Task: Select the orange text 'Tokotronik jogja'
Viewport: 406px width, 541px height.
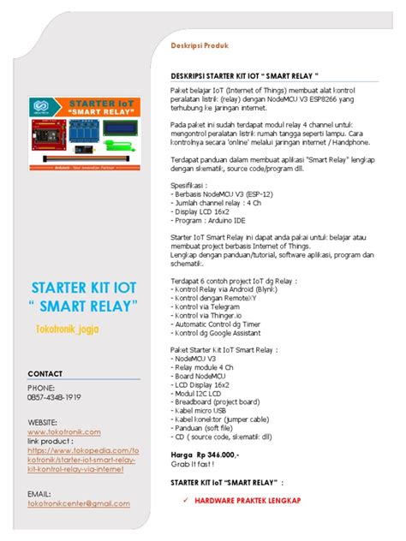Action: (68, 329)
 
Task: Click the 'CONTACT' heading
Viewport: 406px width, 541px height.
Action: (45, 374)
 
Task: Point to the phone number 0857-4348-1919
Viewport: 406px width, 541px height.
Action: (55, 397)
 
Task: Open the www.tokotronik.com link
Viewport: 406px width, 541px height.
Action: (64, 432)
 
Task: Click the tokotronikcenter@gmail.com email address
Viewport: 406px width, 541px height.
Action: (79, 503)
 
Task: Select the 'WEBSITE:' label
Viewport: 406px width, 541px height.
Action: (43, 422)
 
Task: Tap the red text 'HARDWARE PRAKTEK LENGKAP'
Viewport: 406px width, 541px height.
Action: (248, 499)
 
